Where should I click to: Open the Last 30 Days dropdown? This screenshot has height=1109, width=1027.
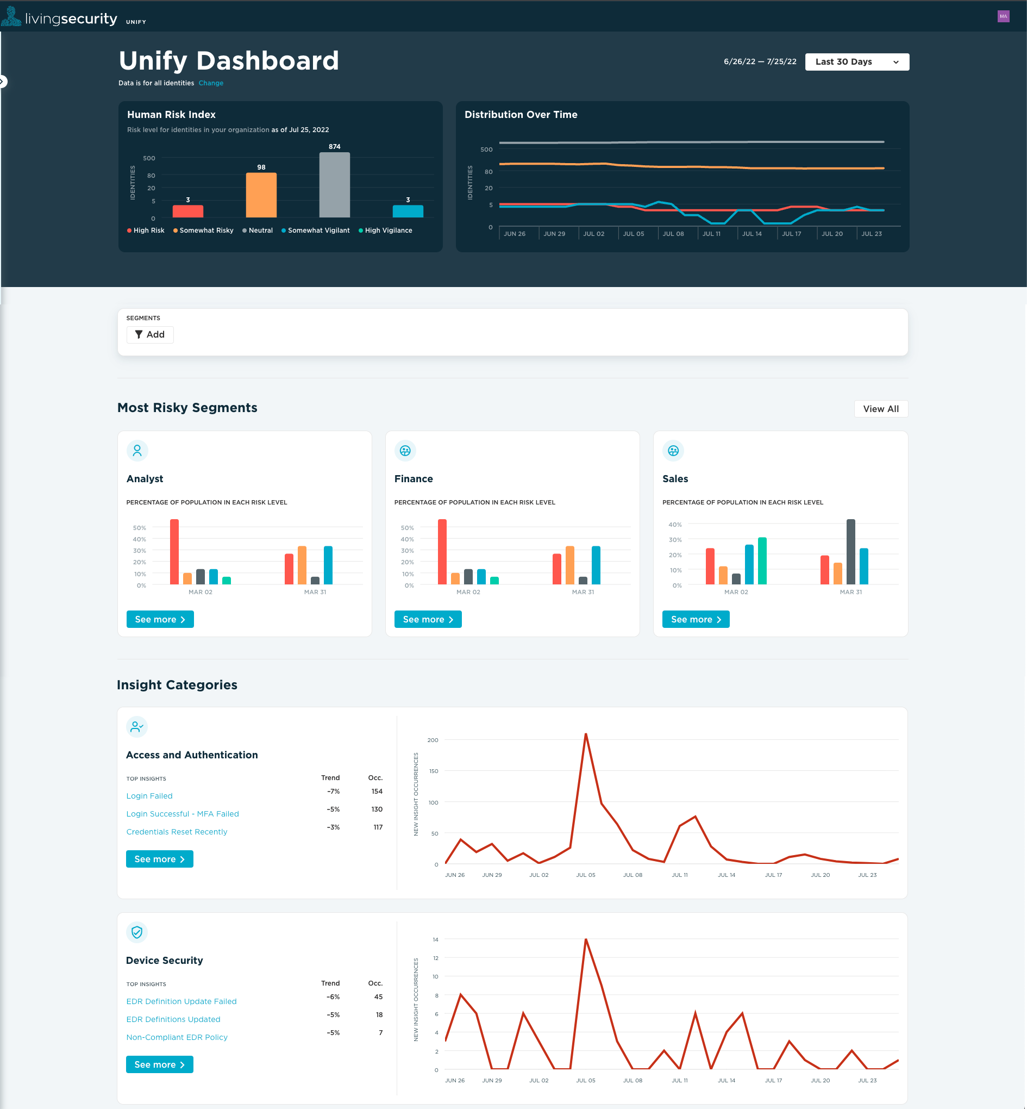coord(856,62)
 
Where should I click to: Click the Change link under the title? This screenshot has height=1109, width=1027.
coord(211,83)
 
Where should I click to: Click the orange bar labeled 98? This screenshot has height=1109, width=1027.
coord(261,195)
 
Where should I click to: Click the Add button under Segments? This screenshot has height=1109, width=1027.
coord(150,334)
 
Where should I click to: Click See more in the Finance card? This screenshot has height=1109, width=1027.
coord(427,619)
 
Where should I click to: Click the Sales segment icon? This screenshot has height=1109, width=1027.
coord(673,450)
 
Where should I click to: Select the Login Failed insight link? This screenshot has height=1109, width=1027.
coord(149,795)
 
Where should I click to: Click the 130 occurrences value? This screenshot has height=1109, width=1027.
coord(376,809)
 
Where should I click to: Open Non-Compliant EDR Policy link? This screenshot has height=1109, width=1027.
coord(177,1037)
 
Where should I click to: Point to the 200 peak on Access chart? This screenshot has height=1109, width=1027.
coord(585,734)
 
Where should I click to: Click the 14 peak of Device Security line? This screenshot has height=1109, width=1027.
coord(585,939)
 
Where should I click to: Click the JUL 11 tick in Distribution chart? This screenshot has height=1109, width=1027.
coord(711,233)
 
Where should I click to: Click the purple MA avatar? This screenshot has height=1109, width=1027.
coord(1003,16)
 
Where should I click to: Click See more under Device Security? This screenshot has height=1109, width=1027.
coord(159,1064)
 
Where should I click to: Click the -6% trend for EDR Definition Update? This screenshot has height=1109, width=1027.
coord(333,996)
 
